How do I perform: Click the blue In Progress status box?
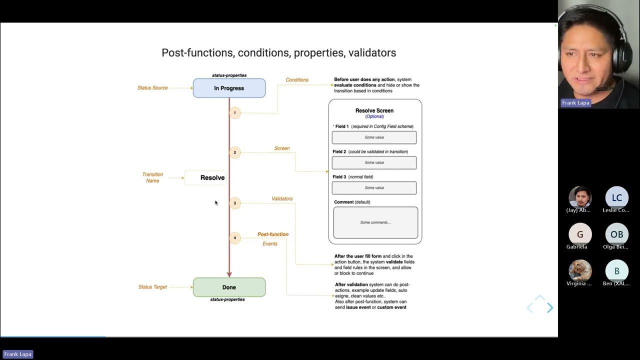click(x=229, y=88)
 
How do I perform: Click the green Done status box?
click(x=229, y=287)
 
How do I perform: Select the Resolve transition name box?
click(x=205, y=177)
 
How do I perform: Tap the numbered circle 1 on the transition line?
click(x=234, y=112)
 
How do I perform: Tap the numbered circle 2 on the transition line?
click(x=234, y=152)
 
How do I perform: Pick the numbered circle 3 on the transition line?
click(x=234, y=203)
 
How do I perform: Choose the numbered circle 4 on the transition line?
click(x=234, y=238)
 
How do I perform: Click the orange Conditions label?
click(x=297, y=80)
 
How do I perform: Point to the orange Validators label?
click(x=282, y=198)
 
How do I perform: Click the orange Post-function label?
click(x=272, y=234)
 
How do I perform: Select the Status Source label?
click(x=152, y=88)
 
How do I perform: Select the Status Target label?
click(x=152, y=287)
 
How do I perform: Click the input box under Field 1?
click(x=374, y=137)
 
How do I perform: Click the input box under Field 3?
click(x=374, y=188)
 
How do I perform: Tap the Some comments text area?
click(x=375, y=222)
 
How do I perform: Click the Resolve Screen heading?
click(x=374, y=110)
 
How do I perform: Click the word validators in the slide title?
click(x=372, y=52)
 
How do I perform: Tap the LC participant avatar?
click(x=616, y=197)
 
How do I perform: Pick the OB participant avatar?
click(x=616, y=234)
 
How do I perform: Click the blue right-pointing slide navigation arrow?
click(x=550, y=308)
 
